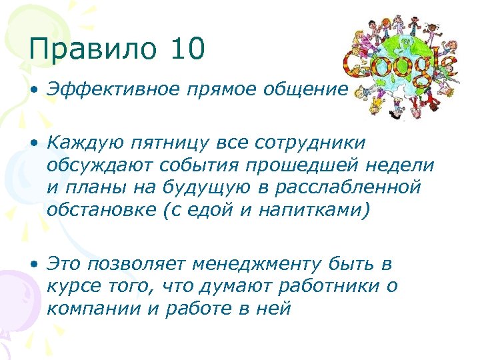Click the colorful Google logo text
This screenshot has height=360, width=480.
(x=400, y=65)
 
